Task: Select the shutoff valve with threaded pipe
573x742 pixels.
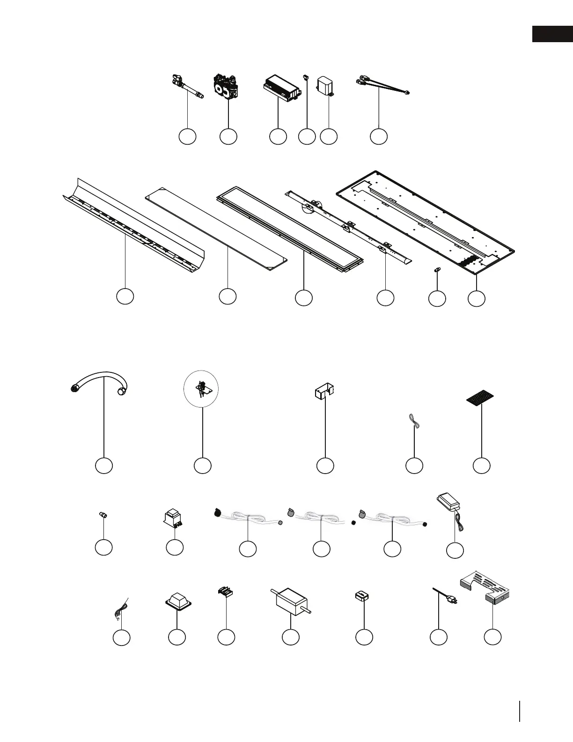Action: point(187,87)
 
